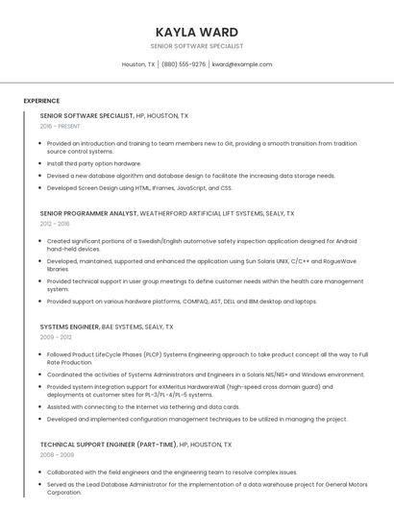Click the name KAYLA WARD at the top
point(196,32)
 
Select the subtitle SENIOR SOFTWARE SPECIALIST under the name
point(196,46)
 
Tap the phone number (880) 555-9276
point(184,64)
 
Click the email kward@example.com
point(242,64)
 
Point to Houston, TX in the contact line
point(138,64)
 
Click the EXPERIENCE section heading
point(41,101)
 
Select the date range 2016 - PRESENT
point(60,126)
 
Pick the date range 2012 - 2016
point(55,224)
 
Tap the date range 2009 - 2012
point(55,337)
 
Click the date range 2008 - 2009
point(55,455)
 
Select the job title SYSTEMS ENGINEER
point(69,327)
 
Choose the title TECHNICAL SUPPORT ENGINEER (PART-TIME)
point(109,445)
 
